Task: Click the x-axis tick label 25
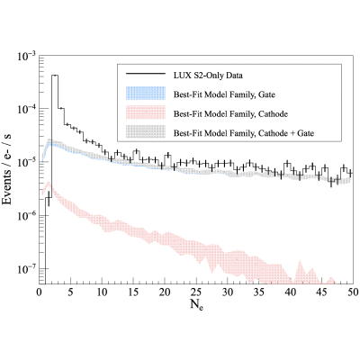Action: [x=196, y=292]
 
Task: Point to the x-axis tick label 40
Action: [x=291, y=292]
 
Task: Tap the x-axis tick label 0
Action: [x=40, y=292]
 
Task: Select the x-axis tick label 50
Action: [x=353, y=292]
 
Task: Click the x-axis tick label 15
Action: [x=134, y=292]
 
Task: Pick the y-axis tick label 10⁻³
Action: [x=27, y=56]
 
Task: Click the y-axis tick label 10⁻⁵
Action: [x=27, y=162]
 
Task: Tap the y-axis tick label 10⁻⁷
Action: [x=27, y=268]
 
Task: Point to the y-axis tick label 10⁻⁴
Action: [x=27, y=109]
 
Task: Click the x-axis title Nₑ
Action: [x=196, y=305]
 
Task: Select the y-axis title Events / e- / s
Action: [x=7, y=168]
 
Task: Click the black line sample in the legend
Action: [x=146, y=74]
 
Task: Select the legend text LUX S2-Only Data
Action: [x=208, y=76]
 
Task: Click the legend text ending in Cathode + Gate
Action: [x=244, y=133]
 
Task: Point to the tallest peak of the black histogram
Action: [x=55, y=76]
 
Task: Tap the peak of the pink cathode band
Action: [x=49, y=182]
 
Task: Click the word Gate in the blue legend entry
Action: [x=267, y=94]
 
